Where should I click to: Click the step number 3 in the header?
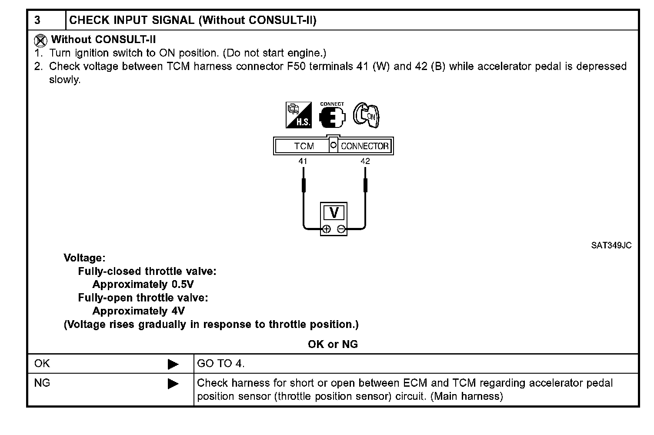coord(37,20)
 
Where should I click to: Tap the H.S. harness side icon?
coord(299,115)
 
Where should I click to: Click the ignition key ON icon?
coord(366,115)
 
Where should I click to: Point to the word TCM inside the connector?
coord(304,146)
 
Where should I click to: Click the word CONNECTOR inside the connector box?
coord(364,146)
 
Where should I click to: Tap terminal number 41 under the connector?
coord(303,161)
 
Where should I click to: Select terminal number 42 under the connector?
coord(365,161)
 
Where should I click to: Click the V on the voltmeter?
coord(334,213)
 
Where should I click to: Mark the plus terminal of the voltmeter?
coord(327,229)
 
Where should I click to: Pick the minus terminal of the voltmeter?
coord(342,229)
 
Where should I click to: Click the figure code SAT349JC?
coord(611,245)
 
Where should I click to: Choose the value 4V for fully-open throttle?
coord(176,311)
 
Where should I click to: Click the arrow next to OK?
coord(173,364)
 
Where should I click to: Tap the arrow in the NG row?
coord(173,384)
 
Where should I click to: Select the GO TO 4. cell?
coord(221,364)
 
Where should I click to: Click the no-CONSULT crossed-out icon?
coord(40,41)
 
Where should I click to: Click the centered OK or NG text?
coord(333,344)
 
